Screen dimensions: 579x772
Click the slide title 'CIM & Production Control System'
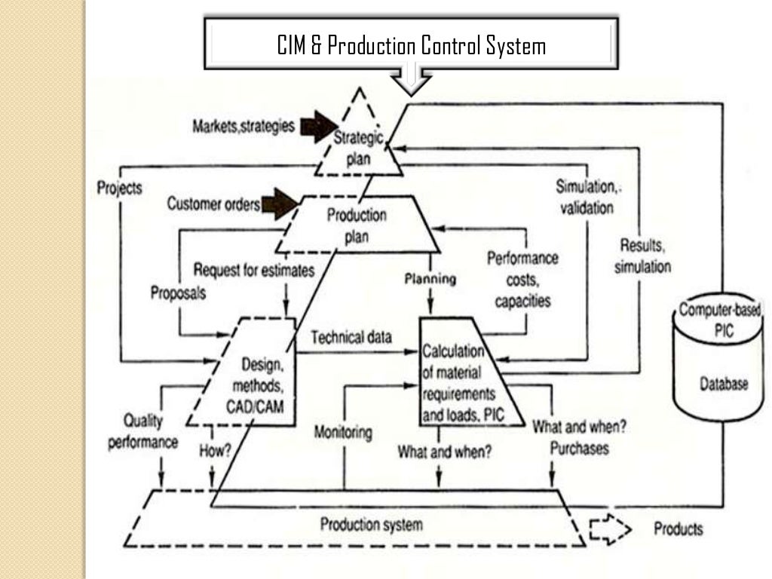[x=411, y=47]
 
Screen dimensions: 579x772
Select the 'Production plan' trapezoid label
[x=356, y=224]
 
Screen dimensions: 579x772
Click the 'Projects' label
[x=119, y=187]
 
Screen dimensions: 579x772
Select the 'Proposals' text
[x=178, y=293]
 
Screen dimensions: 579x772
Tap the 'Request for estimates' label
[x=253, y=270]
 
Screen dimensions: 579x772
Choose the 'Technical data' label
[x=351, y=337]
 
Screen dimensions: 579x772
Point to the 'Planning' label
[x=430, y=279]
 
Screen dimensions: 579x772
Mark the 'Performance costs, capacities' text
[x=522, y=279]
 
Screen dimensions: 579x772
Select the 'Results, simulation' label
[x=642, y=256]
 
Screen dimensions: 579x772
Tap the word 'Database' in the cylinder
[x=723, y=384]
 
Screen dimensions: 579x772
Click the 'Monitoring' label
[x=343, y=433]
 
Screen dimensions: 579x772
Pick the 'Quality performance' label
[x=142, y=432]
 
